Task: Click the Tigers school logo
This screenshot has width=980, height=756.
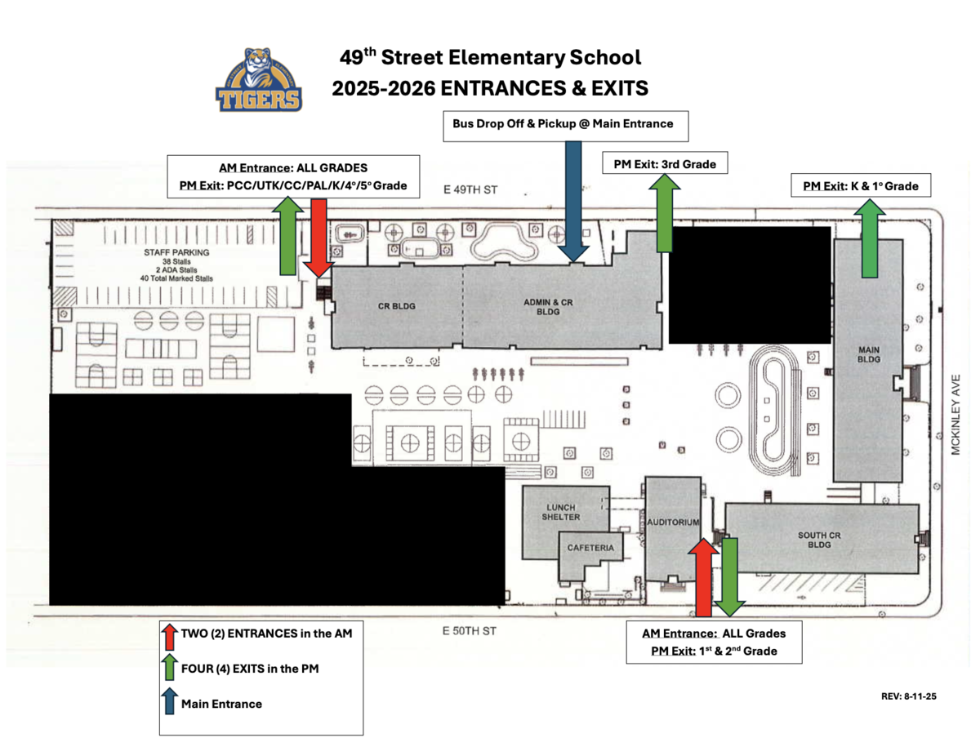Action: click(x=259, y=80)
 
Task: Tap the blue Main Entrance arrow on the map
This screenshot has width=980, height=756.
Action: click(x=573, y=202)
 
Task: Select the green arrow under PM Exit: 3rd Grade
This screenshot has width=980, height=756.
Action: click(x=665, y=213)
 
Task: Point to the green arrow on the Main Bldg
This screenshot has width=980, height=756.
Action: click(x=870, y=238)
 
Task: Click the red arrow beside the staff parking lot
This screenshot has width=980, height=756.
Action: click(x=318, y=238)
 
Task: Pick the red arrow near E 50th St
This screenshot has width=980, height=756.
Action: click(x=703, y=577)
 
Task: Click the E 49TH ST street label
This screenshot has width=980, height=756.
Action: click(x=470, y=189)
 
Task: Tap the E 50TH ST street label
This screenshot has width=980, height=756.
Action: click(x=469, y=631)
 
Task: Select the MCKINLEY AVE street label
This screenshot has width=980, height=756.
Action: click(x=955, y=415)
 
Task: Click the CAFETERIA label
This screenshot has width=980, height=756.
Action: click(x=590, y=548)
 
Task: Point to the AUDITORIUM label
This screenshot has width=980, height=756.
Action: click(x=673, y=522)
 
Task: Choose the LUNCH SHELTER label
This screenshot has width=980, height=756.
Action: click(x=560, y=512)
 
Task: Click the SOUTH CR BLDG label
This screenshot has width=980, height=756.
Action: click(x=819, y=540)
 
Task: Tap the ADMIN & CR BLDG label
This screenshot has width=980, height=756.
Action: click(x=548, y=307)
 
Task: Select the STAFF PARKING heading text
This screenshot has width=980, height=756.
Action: click(x=176, y=252)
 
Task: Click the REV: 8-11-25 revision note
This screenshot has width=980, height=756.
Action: click(x=909, y=696)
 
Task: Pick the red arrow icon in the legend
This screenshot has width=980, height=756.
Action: click(x=170, y=637)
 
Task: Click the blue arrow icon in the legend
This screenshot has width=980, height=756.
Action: click(x=170, y=701)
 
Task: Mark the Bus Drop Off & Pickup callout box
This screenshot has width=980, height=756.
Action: click(x=565, y=127)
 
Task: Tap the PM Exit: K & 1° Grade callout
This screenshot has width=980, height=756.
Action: click(x=861, y=185)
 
